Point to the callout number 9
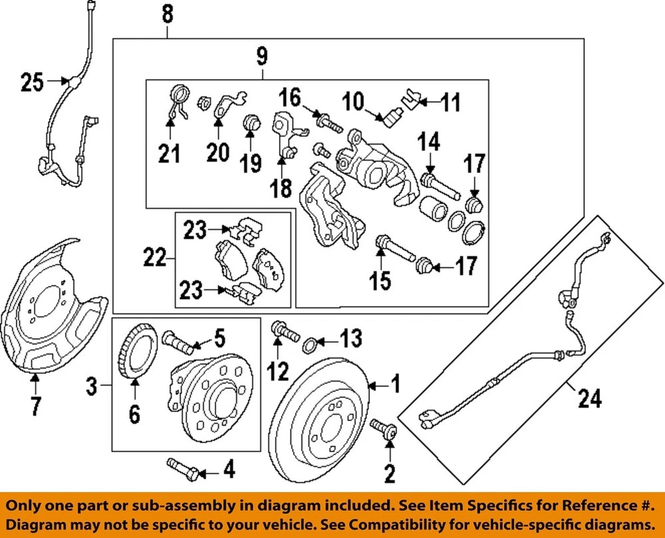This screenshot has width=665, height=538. (x=263, y=56)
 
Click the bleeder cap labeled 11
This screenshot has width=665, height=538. (x=410, y=100)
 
